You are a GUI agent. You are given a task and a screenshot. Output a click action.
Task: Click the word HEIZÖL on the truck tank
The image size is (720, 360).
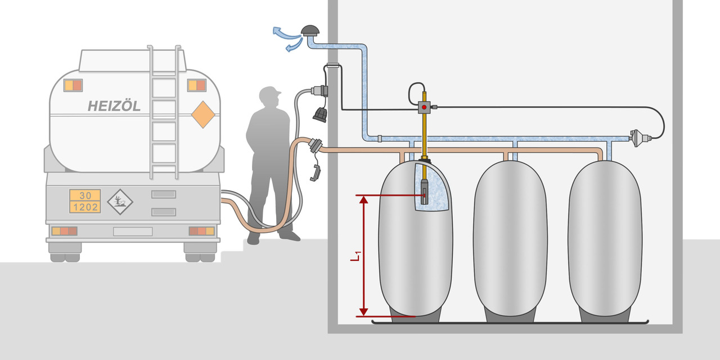114,106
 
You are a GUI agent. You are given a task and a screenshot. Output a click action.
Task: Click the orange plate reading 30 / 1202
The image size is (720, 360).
85,201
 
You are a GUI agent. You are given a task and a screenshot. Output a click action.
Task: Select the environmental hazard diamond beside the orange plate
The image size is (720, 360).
120,201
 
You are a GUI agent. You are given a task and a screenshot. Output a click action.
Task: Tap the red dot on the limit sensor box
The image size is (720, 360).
424,106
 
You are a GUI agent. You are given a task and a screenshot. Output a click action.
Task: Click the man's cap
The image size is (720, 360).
269,92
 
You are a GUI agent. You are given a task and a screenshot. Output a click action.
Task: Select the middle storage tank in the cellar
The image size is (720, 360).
510,239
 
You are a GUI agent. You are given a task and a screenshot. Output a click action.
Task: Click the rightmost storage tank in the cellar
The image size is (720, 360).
605,239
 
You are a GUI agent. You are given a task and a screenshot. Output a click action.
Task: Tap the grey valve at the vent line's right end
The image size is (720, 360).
637,138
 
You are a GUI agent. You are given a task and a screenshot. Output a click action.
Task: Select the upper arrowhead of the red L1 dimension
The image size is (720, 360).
363,200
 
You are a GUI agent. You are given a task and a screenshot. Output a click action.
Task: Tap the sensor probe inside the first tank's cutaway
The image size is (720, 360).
424,191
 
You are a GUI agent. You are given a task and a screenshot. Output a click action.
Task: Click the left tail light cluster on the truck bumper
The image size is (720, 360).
64,231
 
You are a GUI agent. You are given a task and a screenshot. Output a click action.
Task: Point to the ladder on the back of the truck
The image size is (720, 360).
164,112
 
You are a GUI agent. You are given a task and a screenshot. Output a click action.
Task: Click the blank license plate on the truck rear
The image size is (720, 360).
133,231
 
